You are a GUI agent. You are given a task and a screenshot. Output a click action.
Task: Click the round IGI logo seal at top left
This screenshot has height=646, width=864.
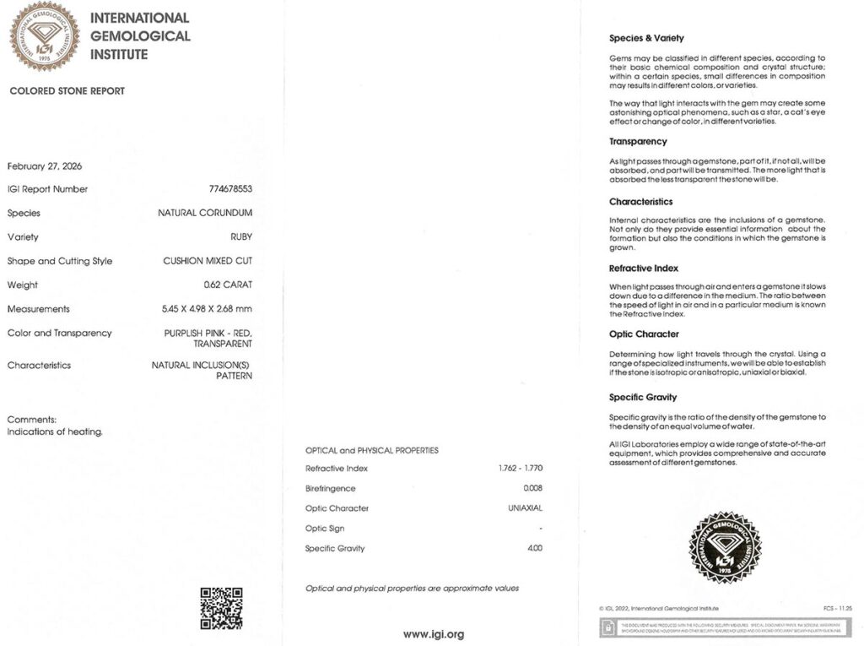click(44, 35)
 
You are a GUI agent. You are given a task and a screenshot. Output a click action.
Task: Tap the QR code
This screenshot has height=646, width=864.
click(221, 608)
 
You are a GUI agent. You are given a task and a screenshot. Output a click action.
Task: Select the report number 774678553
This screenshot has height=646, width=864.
click(231, 189)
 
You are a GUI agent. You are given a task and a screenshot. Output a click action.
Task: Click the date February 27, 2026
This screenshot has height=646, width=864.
click(45, 166)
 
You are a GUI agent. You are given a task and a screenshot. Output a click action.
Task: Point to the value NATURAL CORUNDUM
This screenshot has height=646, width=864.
click(205, 213)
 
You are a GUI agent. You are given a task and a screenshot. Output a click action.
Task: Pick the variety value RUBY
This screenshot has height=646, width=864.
click(241, 237)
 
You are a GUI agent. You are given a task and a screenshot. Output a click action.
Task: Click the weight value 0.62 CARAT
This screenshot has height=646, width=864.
click(228, 285)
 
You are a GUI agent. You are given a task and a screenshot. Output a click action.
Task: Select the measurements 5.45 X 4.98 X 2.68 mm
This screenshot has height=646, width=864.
click(207, 309)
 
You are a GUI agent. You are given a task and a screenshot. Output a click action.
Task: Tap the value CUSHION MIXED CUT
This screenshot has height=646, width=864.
click(208, 261)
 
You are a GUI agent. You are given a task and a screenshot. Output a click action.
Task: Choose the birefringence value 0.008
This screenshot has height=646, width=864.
click(532, 489)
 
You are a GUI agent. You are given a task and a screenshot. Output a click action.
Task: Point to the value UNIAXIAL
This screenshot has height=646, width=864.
click(524, 508)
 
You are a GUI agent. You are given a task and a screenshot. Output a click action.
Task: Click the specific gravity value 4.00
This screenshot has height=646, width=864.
click(534, 548)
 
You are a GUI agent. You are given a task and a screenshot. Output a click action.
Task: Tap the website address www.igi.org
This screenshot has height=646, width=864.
click(433, 634)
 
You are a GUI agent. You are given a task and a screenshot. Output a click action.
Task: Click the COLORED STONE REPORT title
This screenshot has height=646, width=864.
click(67, 91)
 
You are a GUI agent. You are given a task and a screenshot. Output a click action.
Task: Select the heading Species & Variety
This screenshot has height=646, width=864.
click(646, 38)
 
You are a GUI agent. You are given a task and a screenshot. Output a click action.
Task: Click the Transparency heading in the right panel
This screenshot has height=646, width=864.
click(638, 141)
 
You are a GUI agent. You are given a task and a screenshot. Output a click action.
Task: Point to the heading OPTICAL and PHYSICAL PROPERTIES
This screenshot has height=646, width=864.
click(372, 450)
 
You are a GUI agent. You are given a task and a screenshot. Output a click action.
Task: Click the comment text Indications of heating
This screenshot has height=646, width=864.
click(55, 432)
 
